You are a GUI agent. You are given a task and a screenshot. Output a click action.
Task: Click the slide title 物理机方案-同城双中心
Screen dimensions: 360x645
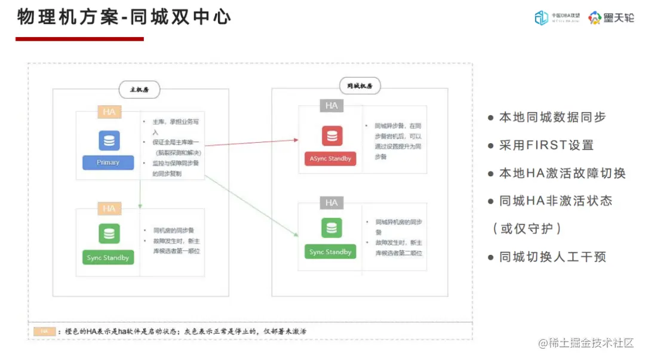coord(124,17)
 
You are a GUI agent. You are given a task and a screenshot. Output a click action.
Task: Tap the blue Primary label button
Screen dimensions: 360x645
coord(108,162)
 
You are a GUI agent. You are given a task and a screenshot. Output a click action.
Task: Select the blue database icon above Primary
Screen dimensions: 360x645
coord(109,141)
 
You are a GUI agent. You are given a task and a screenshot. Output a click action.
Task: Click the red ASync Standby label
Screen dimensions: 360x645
coord(331,159)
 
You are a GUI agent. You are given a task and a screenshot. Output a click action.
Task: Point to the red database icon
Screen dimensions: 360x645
coord(331,137)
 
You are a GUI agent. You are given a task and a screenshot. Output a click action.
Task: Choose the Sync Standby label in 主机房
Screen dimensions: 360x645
coord(108,258)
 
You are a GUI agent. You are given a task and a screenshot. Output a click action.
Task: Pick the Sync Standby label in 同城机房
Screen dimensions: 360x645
coord(330,252)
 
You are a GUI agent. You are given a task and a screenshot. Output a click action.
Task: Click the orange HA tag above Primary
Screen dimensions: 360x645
coord(109,112)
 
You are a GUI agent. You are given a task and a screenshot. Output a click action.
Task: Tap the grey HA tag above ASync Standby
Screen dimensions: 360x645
coord(331,106)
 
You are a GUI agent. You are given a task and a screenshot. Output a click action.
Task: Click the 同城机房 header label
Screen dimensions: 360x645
coord(360,86)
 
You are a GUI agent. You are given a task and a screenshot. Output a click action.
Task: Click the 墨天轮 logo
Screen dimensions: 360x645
coord(611,18)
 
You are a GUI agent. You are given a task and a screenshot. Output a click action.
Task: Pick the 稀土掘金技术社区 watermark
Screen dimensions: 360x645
coord(586,343)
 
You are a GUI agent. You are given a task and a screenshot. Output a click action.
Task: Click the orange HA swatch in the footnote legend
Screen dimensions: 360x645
coord(44,331)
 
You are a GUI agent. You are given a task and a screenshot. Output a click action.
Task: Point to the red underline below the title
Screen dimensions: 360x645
coord(79,39)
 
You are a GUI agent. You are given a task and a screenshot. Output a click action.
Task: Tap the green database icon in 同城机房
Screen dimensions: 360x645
coord(331,228)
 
